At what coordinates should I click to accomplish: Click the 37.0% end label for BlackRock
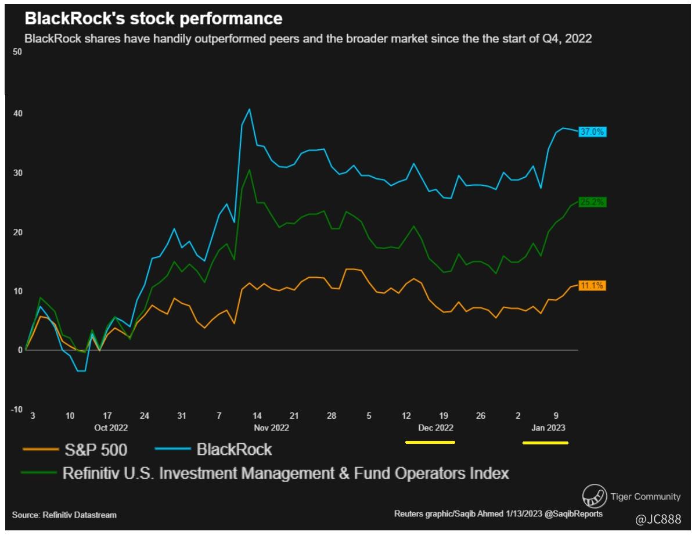592,132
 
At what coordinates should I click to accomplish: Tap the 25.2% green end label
592,202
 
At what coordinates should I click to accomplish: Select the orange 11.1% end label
592,286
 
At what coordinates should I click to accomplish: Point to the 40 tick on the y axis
17,114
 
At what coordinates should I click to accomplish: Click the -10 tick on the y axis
16,410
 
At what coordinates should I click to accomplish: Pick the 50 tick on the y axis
17,52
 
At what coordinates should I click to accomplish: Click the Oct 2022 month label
110,428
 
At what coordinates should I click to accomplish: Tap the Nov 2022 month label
272,428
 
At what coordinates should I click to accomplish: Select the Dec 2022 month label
435,428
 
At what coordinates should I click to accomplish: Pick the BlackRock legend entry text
234,449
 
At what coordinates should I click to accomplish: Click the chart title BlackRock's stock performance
153,19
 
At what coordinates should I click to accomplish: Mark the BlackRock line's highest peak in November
249,109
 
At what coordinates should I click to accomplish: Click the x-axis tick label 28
332,416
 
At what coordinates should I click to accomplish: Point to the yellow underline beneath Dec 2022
430,443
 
